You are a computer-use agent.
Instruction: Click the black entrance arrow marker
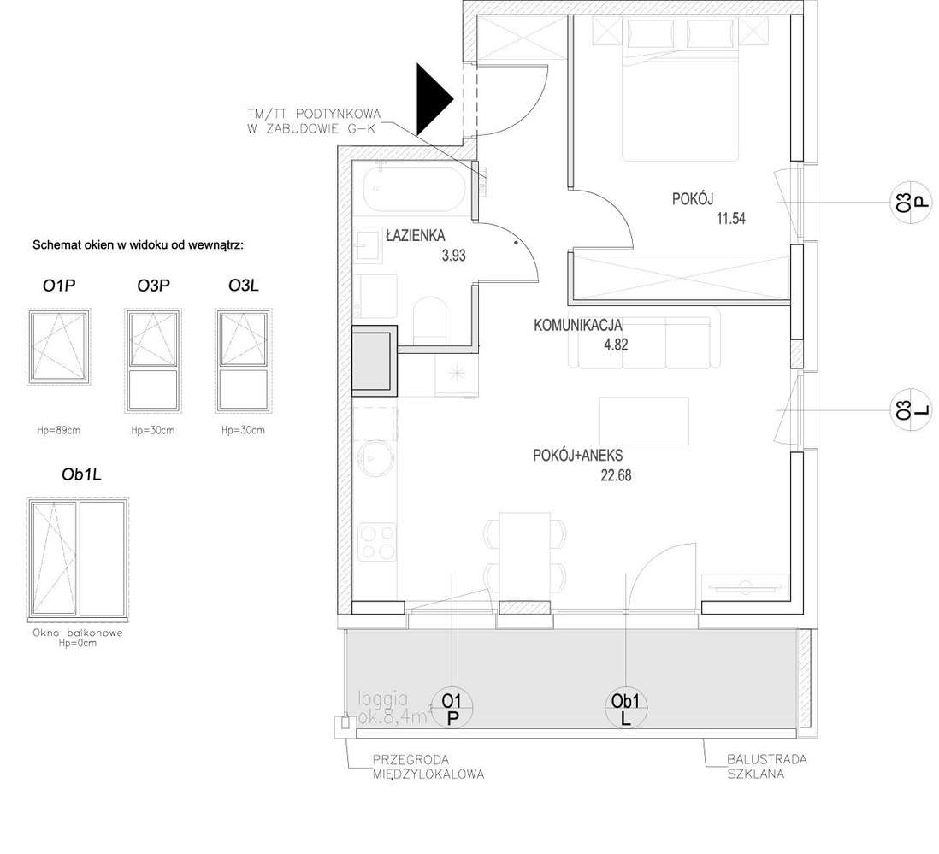click(433, 99)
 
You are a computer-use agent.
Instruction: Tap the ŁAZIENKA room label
click(415, 235)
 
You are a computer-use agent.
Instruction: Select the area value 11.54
click(730, 219)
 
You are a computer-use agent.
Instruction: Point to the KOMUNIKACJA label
click(578, 326)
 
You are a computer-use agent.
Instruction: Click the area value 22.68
click(616, 476)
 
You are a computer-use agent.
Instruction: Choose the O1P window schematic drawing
click(59, 346)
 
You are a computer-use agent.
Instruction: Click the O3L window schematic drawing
click(243, 361)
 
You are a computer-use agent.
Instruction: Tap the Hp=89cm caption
click(59, 430)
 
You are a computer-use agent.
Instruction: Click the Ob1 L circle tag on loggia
click(625, 709)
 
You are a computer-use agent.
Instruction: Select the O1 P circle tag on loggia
click(452, 709)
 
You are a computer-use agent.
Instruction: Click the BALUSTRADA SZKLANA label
click(766, 767)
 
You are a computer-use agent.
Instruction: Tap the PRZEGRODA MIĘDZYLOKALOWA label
click(428, 767)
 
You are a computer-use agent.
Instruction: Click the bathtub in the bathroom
click(414, 188)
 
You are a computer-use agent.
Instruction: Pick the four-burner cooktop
click(377, 541)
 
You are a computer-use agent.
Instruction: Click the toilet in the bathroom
click(430, 320)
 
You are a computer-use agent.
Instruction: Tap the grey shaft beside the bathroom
click(375, 361)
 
